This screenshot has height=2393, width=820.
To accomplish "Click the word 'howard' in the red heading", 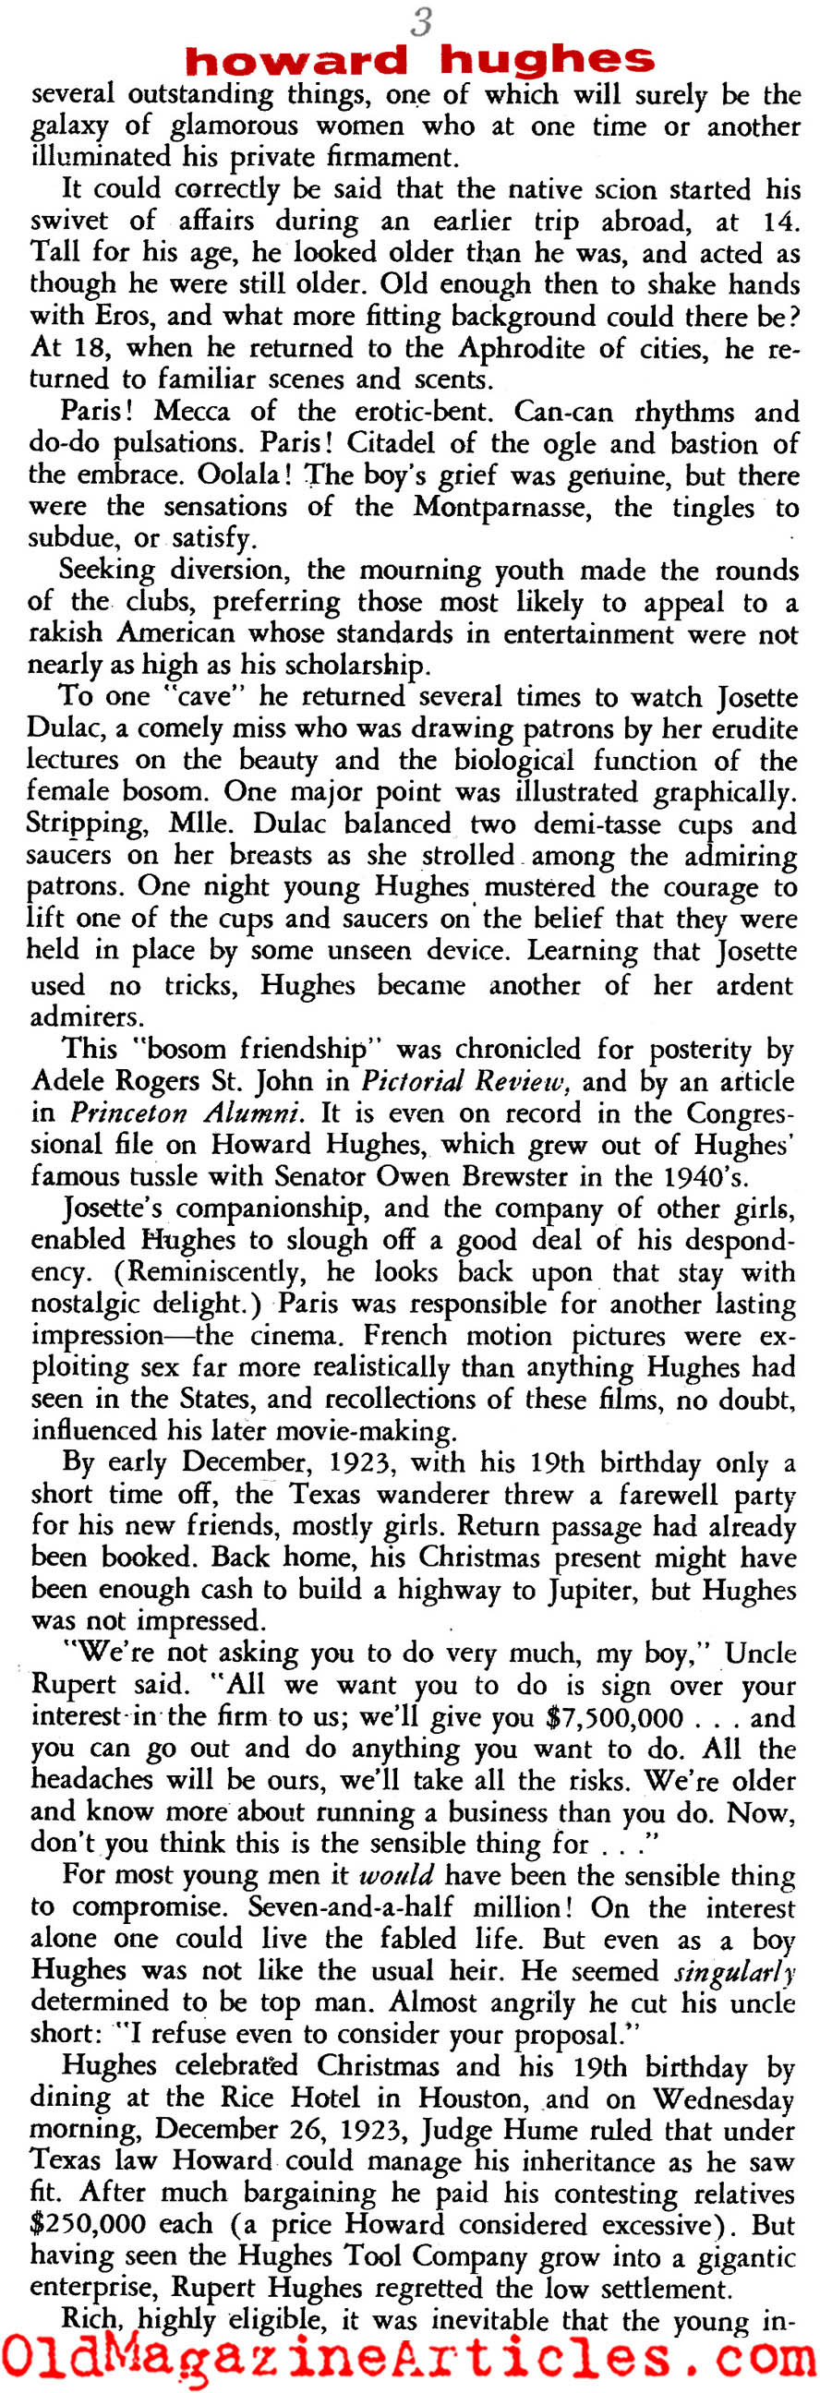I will tap(296, 60).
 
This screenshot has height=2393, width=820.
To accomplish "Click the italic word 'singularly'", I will tap(733, 1971).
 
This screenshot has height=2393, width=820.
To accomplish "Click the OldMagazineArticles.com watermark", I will tap(408, 2357).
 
